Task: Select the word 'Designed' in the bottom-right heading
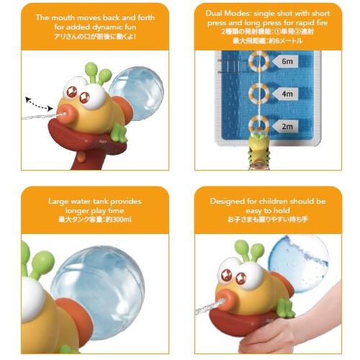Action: pos(230,201)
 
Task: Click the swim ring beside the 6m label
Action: pos(259,61)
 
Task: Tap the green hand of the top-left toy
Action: pos(117,132)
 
